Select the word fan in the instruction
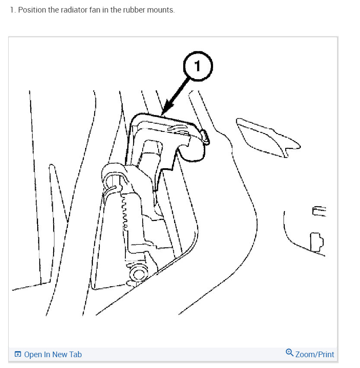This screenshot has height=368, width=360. coord(93,10)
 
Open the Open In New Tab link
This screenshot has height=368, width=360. coord(53,355)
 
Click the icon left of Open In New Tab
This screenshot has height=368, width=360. coord(18,355)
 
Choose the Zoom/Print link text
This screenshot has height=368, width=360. coord(315,355)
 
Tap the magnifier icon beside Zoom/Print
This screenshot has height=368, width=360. coord(290,353)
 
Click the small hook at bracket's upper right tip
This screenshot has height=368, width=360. coord(205,138)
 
